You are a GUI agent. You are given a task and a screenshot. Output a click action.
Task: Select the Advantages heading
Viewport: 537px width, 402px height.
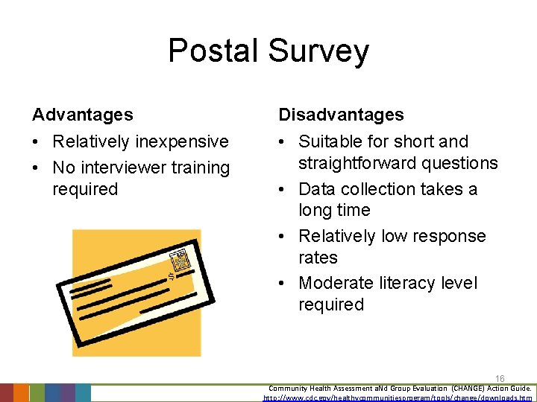(x=83, y=115)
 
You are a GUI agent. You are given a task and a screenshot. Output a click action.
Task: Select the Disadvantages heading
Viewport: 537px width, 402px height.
(x=341, y=115)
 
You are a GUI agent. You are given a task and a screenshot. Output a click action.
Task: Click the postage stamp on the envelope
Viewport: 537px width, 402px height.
(x=180, y=261)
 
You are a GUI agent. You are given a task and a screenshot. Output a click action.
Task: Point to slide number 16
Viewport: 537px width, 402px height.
(x=500, y=379)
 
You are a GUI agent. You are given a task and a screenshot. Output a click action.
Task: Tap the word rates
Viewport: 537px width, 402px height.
(x=318, y=258)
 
